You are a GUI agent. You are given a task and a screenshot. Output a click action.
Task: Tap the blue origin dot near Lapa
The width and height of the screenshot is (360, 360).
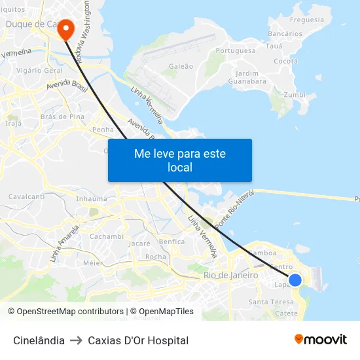[x=295, y=279]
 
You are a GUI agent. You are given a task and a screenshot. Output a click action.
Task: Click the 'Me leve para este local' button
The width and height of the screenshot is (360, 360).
[x=180, y=160]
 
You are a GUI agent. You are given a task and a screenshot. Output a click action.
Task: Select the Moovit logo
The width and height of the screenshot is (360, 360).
[x=320, y=340]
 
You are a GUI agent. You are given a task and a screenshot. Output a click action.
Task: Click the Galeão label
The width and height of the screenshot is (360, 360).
[x=181, y=66]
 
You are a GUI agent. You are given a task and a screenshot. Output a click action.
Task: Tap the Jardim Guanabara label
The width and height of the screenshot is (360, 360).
[x=247, y=77]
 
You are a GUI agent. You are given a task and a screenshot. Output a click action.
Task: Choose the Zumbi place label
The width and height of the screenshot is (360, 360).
[x=295, y=95]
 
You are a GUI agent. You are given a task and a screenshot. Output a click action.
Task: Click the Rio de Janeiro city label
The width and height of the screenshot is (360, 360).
[x=231, y=276]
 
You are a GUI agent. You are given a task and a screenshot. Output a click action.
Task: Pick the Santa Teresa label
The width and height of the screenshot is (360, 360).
[x=272, y=302]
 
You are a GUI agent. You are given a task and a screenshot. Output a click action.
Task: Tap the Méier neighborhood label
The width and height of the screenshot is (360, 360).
[x=94, y=263]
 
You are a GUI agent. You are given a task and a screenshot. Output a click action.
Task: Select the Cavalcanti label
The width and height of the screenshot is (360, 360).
[x=26, y=196]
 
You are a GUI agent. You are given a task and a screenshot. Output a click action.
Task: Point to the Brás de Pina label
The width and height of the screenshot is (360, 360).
[x=62, y=117]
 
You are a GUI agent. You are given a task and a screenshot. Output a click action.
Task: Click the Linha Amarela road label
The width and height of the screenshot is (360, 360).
[x=64, y=243]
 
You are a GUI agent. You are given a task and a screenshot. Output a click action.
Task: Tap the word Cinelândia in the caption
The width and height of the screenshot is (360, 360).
[x=39, y=340]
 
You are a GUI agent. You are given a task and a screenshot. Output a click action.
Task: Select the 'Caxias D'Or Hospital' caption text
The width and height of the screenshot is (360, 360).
[x=138, y=340]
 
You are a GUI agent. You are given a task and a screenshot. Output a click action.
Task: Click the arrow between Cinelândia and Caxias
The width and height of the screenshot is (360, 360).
[x=76, y=340]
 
